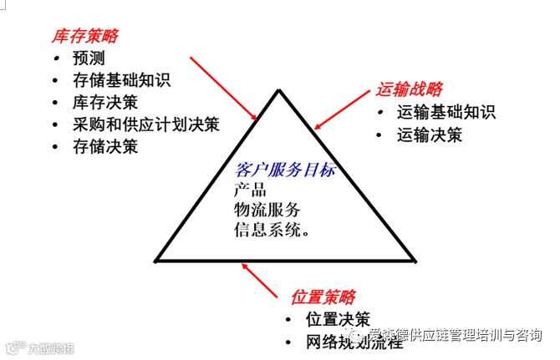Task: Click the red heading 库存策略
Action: click(x=85, y=36)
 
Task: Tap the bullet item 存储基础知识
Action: click(x=121, y=81)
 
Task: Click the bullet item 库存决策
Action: click(x=105, y=103)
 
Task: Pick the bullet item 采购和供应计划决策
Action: click(x=145, y=124)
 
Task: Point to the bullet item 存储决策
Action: click(x=105, y=146)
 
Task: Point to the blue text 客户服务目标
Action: click(x=287, y=170)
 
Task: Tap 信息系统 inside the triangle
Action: click(x=269, y=228)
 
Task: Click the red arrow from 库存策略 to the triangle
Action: click(x=224, y=88)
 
